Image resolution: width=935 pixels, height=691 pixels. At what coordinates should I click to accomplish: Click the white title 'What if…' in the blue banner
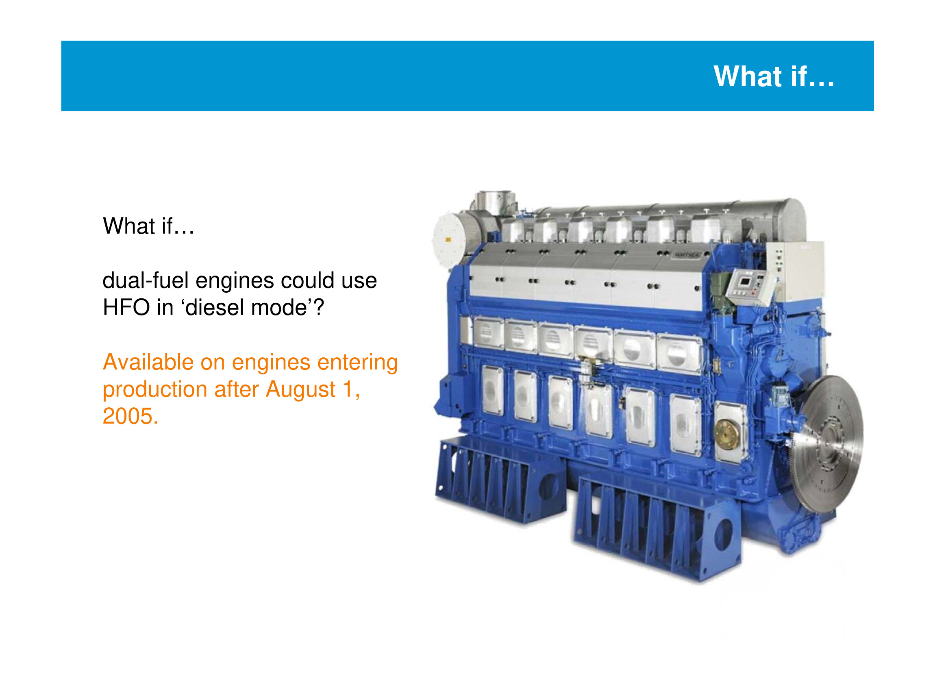tap(774, 76)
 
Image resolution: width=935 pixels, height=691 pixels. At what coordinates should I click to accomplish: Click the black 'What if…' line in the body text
tap(148, 226)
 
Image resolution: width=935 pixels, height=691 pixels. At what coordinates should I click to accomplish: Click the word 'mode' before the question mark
tap(279, 307)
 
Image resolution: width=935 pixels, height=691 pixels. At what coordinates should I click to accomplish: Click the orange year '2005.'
tap(130, 416)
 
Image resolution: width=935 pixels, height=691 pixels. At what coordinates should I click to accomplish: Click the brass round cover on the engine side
tap(727, 432)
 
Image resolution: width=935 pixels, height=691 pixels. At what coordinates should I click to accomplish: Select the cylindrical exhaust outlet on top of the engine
tap(495, 203)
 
